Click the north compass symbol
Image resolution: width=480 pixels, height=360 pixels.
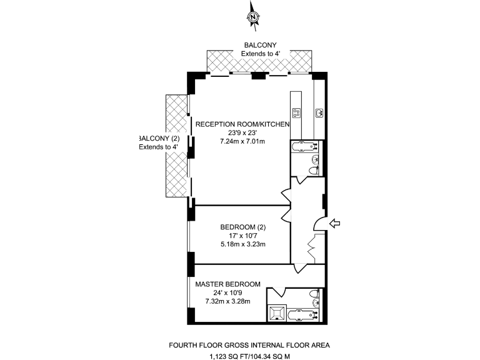pos(253,17)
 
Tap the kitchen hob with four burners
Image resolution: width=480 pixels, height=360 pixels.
pos(296,113)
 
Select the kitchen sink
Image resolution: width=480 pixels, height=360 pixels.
pos(319,113)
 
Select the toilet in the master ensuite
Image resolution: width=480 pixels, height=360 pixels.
pos(318,297)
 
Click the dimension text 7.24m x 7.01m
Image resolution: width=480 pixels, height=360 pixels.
pos(243,141)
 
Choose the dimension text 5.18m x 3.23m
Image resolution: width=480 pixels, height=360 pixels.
pos(243,244)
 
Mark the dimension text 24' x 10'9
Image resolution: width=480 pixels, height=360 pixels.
pos(223,293)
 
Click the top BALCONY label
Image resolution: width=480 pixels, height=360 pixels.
pos(259,45)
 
